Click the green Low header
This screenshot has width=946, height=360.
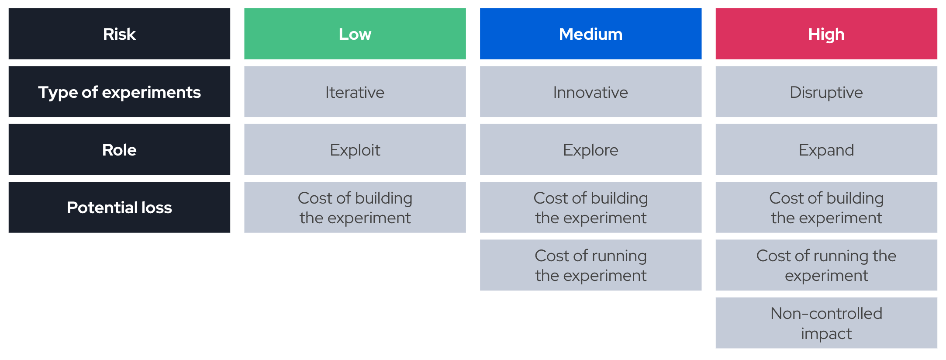click(355, 34)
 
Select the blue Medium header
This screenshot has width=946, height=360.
click(590, 34)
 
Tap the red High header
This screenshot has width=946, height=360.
click(826, 34)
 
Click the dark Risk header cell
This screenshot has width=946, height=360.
click(119, 34)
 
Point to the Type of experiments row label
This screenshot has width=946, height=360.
click(119, 92)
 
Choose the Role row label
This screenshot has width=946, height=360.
click(119, 149)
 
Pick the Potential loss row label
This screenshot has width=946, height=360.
click(119, 207)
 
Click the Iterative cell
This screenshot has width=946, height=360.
click(355, 92)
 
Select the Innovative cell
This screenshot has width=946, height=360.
click(590, 92)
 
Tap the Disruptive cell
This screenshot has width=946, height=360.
click(826, 92)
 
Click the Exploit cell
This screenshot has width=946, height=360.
click(355, 149)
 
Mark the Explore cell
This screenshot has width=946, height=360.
click(590, 149)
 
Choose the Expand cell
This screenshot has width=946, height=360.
click(826, 149)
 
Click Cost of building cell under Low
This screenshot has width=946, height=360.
click(355, 207)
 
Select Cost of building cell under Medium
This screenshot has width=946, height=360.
click(590, 207)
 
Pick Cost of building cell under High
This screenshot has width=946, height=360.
click(826, 207)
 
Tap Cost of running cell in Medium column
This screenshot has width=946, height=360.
click(590, 265)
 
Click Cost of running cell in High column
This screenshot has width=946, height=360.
click(826, 265)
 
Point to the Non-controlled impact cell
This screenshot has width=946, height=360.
click(826, 323)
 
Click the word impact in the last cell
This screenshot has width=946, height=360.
click(826, 334)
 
